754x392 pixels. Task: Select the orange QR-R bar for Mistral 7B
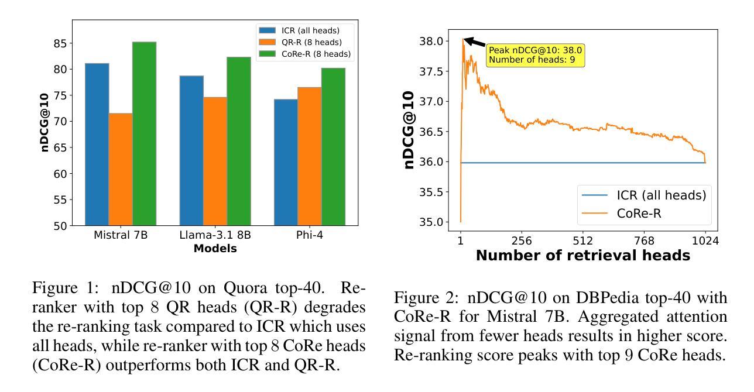121,169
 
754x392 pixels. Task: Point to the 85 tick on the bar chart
60,43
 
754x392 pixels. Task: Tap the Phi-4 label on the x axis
310,236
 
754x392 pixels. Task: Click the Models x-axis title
215,249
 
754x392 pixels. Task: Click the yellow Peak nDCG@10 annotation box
535,55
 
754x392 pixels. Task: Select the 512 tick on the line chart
583,241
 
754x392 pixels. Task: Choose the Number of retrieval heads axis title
583,256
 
